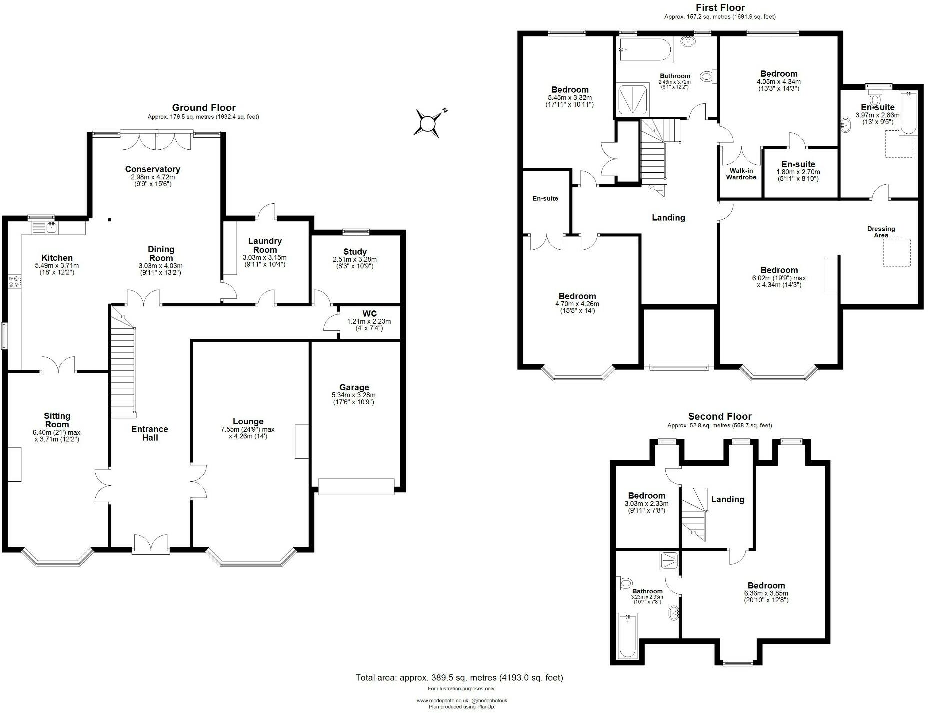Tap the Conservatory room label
[152, 169]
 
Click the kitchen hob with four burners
[14, 281]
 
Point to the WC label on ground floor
[369, 314]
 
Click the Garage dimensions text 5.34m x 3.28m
[353, 395]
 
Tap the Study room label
[355, 252]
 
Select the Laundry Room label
[265, 245]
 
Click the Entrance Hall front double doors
[150, 544]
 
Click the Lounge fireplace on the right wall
[302, 441]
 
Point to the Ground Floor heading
[203, 107]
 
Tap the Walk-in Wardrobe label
[741, 174]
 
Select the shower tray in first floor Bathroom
[633, 99]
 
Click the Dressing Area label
[881, 232]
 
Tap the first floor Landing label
[668, 217]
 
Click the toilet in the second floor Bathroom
[625, 583]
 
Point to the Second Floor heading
[719, 416]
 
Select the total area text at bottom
[459, 678]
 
